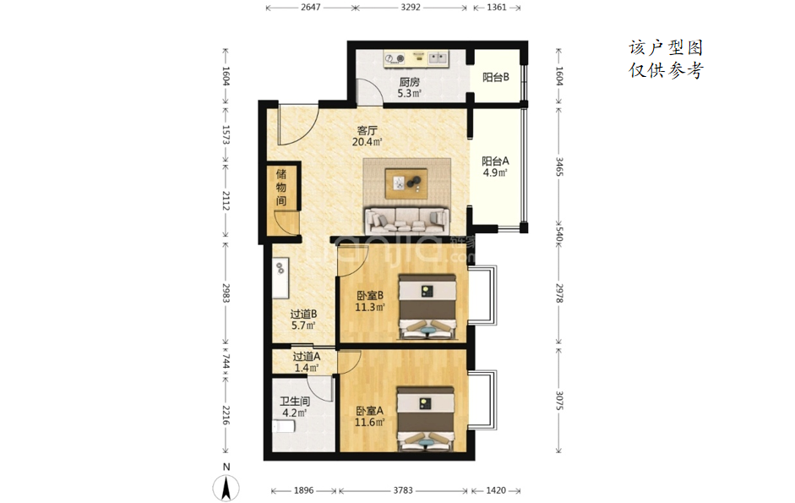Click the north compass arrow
pyautogui.click(x=226, y=489)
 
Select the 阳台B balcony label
pyautogui.click(x=495, y=77)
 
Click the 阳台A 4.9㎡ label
pyautogui.click(x=495, y=167)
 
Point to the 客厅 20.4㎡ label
pyautogui.click(x=367, y=136)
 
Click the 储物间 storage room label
pyautogui.click(x=280, y=188)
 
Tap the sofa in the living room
pyautogui.click(x=407, y=220)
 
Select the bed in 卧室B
pyautogui.click(x=427, y=307)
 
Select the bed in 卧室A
pyautogui.click(x=426, y=419)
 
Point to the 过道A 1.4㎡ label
pyautogui.click(x=306, y=362)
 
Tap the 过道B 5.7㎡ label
pyautogui.click(x=303, y=320)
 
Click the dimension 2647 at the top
pyautogui.click(x=310, y=7)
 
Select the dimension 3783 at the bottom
pyautogui.click(x=403, y=490)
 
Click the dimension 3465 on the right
pyautogui.click(x=558, y=167)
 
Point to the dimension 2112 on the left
pyautogui.click(x=226, y=201)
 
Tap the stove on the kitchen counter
pyautogui.click(x=395, y=59)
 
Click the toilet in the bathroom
pyautogui.click(x=284, y=426)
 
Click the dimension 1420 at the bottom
pyautogui.click(x=496, y=490)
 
